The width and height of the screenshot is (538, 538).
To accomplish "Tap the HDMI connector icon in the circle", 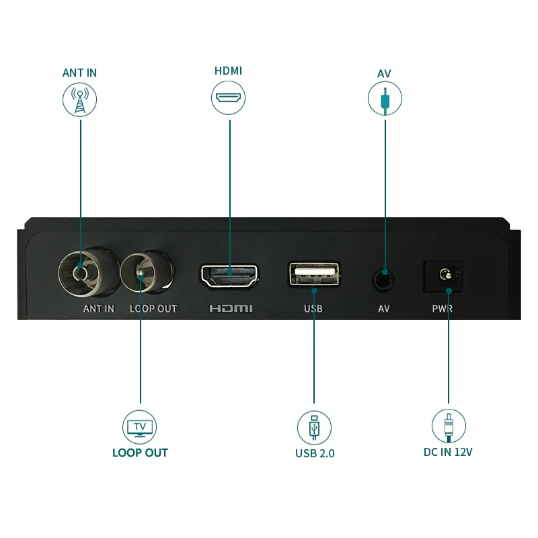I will click(229, 98).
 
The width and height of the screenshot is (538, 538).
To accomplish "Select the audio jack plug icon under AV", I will click(385, 98).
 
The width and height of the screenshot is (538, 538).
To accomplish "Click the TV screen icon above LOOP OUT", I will click(140, 426).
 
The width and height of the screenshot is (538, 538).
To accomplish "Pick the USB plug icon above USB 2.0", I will click(314, 427).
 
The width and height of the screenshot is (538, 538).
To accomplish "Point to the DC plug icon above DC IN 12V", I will click(448, 426).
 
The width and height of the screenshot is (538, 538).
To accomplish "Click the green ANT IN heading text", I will click(79, 73).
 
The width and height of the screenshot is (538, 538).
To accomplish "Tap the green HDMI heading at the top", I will click(229, 71).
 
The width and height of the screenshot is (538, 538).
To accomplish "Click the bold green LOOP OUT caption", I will click(140, 453).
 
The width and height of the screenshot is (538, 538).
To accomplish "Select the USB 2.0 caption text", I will click(315, 453).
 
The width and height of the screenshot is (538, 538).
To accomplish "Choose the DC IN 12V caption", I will click(448, 452).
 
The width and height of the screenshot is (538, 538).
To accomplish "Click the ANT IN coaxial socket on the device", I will click(81, 272).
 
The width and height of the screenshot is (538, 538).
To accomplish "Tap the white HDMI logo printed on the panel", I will click(231, 309).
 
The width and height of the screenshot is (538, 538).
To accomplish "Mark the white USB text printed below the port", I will click(313, 309).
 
